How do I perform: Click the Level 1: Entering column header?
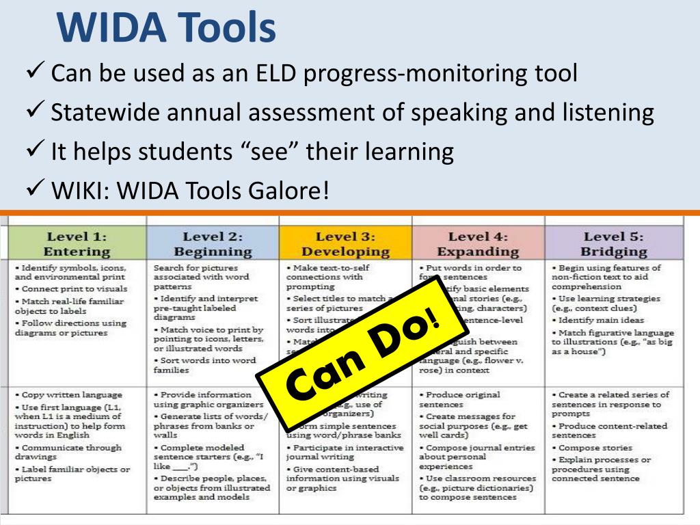(77, 243)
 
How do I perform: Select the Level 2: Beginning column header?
(213, 243)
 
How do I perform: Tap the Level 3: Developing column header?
(345, 243)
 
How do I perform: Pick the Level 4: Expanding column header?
(478, 243)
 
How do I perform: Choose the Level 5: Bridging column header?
(614, 243)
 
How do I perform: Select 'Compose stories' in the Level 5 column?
(592, 448)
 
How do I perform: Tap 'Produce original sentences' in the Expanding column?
(463, 399)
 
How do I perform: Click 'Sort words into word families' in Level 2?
(205, 364)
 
